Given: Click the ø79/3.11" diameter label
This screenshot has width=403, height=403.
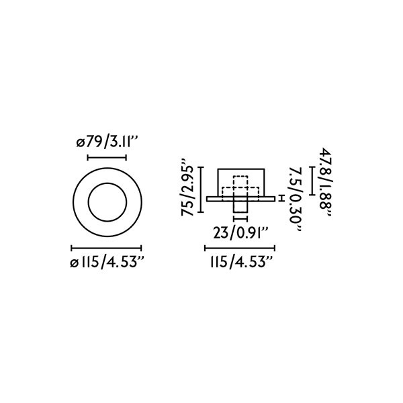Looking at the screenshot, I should coord(107,142).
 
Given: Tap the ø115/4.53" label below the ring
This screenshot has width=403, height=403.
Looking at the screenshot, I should coord(107,262).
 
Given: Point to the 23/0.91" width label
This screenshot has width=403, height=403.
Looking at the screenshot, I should coord(240,234).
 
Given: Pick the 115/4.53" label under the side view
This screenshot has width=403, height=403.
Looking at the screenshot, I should coord(239,262).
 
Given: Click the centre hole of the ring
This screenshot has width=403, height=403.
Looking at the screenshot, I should coord(107,201).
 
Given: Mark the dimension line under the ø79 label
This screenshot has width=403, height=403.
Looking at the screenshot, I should coord(107,159).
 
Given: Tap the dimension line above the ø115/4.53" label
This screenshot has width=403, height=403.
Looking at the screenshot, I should coord(107,247).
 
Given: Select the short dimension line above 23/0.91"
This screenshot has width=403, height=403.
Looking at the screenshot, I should coord(240,219).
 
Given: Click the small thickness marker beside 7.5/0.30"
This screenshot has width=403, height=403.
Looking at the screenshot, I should coord(281,197).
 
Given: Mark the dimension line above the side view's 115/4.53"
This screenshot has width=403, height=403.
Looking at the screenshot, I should coord(239,247).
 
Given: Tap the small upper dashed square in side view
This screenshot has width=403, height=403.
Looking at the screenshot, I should coord(240,182).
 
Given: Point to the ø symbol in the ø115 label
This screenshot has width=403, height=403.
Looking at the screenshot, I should coord(73,263).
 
